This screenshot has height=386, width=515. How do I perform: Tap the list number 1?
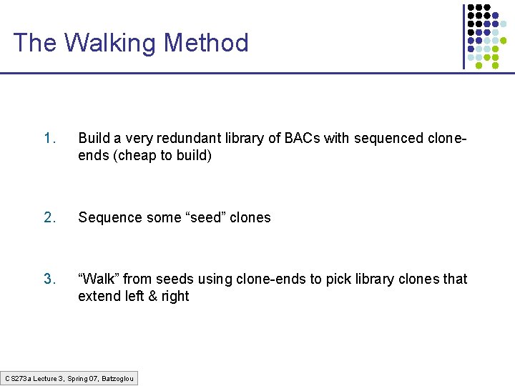coord(49,138)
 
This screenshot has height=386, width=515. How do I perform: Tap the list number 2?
coord(49,217)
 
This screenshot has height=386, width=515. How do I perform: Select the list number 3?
coord(49,279)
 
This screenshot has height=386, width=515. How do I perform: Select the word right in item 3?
coord(175,296)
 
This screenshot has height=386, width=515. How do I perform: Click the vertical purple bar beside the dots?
coord(463,36)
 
